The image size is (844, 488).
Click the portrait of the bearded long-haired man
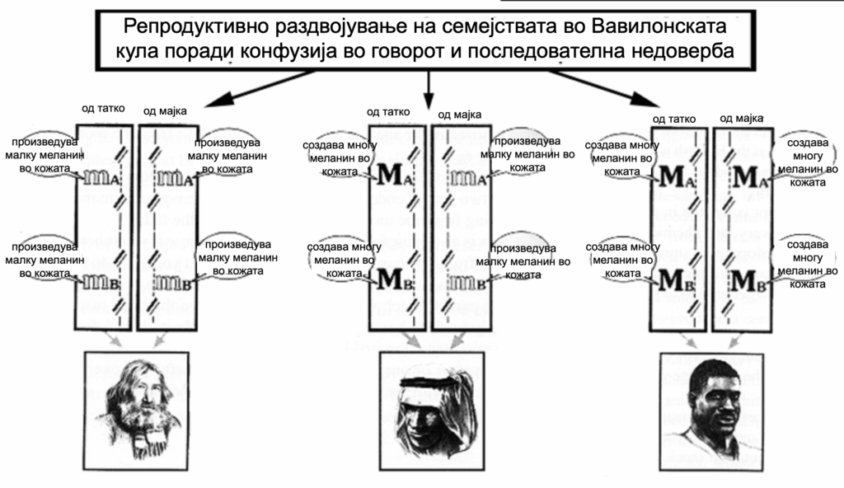coord(136,411)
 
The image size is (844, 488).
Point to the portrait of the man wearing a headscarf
coord(432,411)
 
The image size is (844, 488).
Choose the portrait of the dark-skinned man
coord(711,412)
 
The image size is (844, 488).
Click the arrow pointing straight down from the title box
coord(429,89)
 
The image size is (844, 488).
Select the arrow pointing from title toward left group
coord(258,87)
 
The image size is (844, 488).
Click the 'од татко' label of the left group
coord(103,108)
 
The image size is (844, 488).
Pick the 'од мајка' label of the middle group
coord(459,115)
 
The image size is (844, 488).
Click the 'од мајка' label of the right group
coord(741,118)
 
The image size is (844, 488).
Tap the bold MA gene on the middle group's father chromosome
coord(396,175)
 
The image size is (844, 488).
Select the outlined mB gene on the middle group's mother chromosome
coord(467,282)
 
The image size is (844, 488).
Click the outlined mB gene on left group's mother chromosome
coord(173,282)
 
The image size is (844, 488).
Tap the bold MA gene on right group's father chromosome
coord(678,176)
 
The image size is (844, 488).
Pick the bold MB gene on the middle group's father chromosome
coord(396,279)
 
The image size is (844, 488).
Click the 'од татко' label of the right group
coord(674,119)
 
